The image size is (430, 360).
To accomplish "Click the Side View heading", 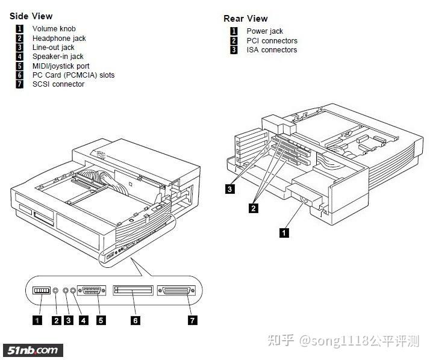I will [31, 16].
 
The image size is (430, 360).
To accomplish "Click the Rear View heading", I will [246, 19].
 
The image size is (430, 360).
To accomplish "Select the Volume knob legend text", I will [54, 29].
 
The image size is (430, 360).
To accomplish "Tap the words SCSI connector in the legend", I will [58, 84].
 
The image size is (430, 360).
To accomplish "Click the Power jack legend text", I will [264, 31].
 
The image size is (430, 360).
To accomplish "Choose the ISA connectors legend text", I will [272, 50].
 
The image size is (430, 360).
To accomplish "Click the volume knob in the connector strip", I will [41, 291].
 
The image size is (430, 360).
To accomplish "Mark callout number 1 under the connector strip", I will [37, 320].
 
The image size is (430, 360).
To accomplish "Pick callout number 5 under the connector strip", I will [101, 320].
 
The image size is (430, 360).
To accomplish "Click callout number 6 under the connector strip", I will [136, 320].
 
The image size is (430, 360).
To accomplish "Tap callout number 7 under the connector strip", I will [193, 320].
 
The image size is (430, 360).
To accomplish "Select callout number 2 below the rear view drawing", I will [254, 208].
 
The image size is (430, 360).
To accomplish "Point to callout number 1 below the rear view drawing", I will [284, 232].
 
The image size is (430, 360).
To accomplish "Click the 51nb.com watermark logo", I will [34, 350].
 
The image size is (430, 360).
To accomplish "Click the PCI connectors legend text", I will [272, 41].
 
